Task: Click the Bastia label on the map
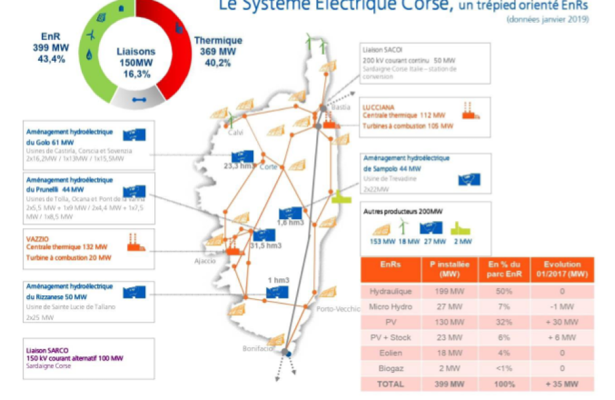tap(340, 107)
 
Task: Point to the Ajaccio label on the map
tap(205, 260)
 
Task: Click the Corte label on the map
tap(268, 166)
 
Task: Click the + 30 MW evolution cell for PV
tap(561, 322)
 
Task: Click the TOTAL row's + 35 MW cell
tap(561, 384)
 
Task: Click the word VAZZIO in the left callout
tap(38, 237)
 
